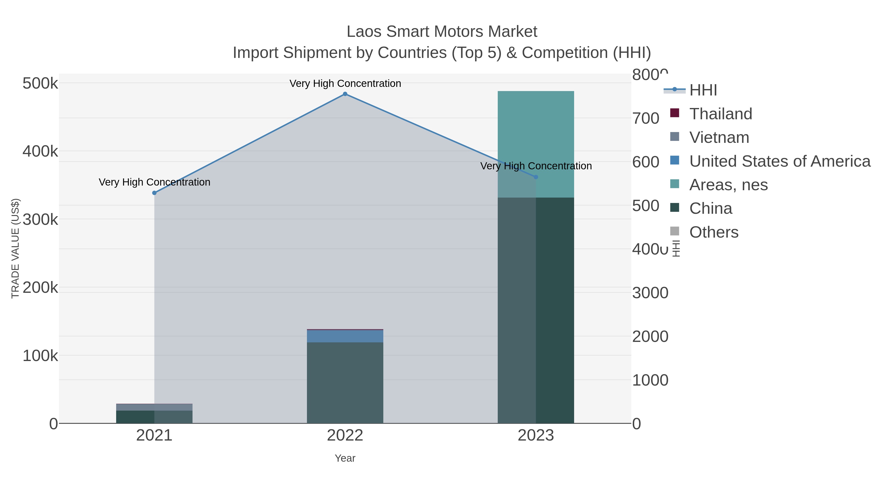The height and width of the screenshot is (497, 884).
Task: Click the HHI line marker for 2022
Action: [x=345, y=94]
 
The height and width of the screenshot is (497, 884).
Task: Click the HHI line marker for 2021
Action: [x=154, y=193]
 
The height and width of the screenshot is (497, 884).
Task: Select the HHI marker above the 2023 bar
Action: [x=536, y=177]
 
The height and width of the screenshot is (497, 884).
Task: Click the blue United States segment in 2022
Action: [x=345, y=336]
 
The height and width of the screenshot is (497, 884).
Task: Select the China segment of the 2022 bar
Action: [x=345, y=382]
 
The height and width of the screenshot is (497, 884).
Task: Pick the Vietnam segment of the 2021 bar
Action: [x=154, y=407]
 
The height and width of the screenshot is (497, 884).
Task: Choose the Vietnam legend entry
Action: [x=719, y=137]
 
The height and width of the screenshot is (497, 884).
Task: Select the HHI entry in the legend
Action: [x=703, y=90]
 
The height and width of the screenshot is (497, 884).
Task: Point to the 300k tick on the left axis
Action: [x=40, y=219]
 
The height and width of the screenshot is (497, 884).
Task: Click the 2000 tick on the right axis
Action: [x=650, y=336]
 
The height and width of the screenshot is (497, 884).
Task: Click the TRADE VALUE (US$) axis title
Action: [x=15, y=248]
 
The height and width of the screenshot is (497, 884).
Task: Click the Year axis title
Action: [x=345, y=458]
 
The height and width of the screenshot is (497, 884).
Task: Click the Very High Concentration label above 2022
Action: [x=345, y=83]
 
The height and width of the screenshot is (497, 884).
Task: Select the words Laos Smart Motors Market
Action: [x=442, y=32]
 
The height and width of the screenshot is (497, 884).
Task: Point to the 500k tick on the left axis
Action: [x=40, y=83]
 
